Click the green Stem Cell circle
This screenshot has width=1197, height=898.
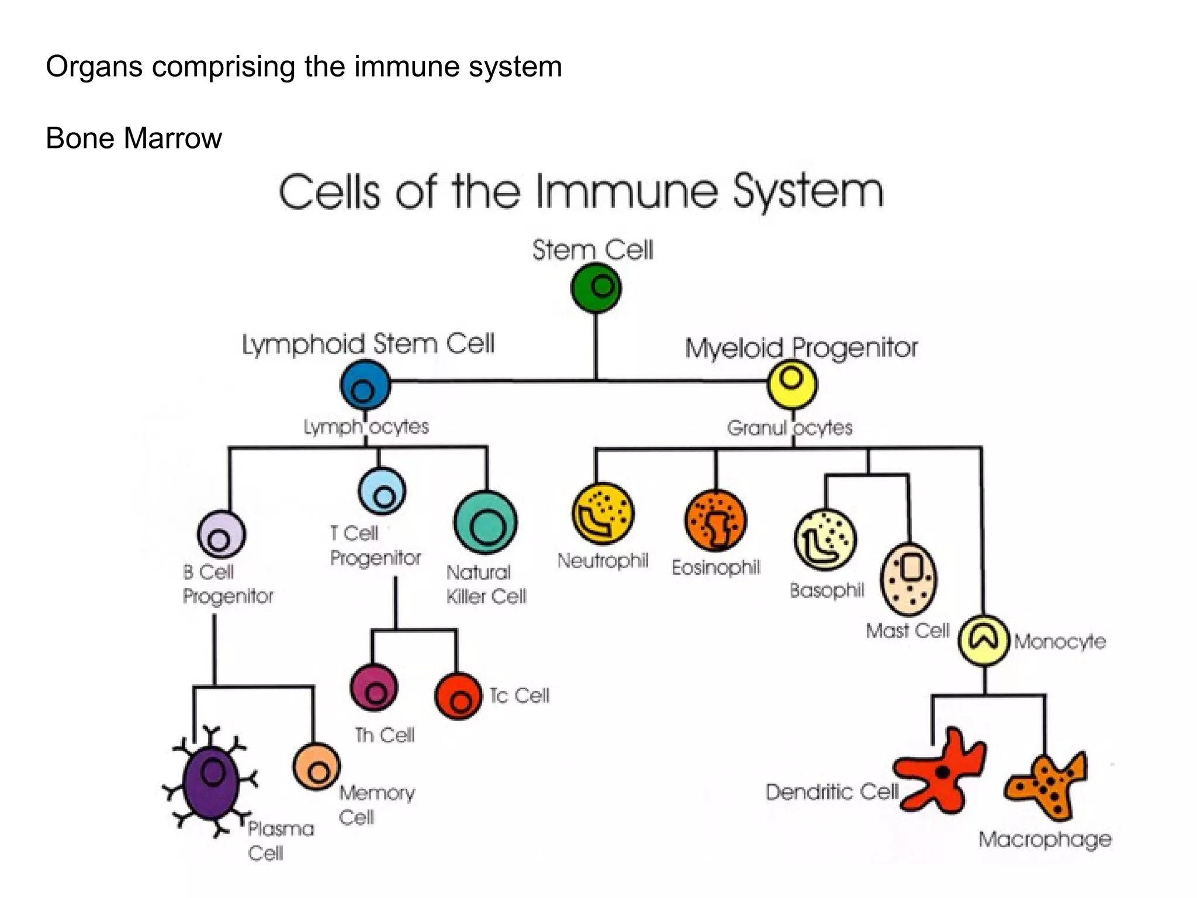click(x=596, y=288)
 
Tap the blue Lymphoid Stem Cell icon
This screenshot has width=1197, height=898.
click(x=365, y=385)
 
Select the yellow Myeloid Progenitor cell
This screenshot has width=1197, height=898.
click(x=792, y=384)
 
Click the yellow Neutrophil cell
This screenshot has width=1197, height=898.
click(x=603, y=513)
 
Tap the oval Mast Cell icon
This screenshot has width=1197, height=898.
click(x=909, y=579)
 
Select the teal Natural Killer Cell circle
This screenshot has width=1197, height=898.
click(x=485, y=523)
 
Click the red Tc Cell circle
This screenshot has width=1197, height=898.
click(x=458, y=696)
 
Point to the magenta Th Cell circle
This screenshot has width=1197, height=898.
click(x=374, y=688)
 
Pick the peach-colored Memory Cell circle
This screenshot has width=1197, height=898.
click(x=316, y=766)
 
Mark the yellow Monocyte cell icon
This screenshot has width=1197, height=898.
click(x=984, y=640)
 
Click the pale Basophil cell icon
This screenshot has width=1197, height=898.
click(x=825, y=539)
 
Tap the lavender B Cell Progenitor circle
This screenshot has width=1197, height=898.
click(x=221, y=534)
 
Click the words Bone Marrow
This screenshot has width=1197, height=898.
click(x=134, y=139)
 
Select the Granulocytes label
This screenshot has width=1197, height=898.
click(x=789, y=428)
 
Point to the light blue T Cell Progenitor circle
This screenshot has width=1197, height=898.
click(x=382, y=492)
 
